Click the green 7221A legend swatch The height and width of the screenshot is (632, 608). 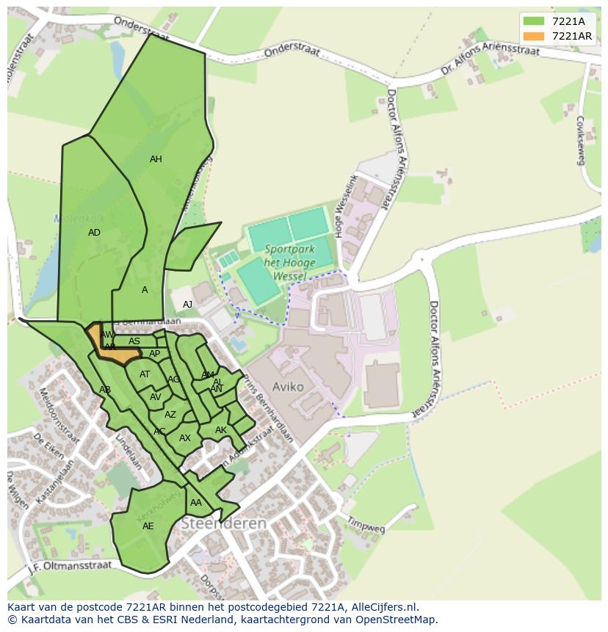coord(534,21)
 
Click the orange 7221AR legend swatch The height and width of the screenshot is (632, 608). coord(534,36)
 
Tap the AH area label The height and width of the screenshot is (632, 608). coord(156,159)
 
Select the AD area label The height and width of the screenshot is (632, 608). coord(94,233)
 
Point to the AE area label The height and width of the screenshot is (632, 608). coord(148,526)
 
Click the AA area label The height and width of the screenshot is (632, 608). coord(196,503)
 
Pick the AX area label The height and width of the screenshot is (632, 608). coord(185,438)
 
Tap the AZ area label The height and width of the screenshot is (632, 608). coord(170,415)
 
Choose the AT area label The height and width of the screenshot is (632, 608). coord(145,374)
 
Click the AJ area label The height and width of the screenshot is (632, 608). coord(187,305)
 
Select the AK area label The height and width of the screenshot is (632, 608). coord(221,430)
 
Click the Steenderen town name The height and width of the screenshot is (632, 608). coord(223,523)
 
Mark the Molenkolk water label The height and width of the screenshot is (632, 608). coord(79,219)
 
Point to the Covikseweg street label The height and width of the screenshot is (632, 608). coord(580,139)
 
